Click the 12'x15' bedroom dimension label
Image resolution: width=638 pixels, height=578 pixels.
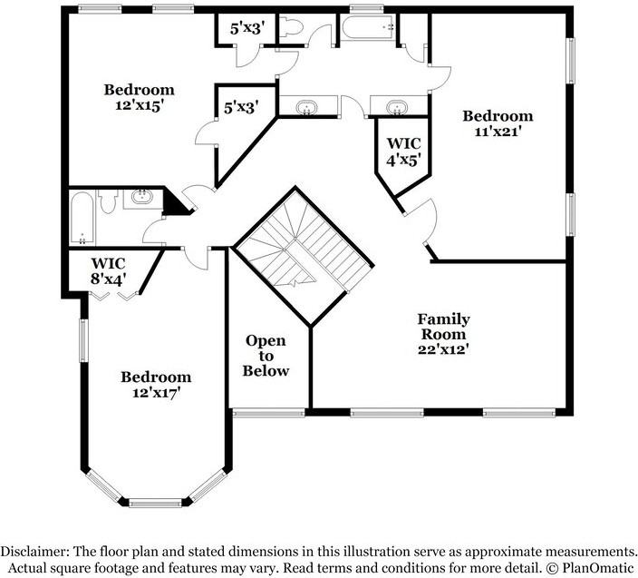pos(139,105)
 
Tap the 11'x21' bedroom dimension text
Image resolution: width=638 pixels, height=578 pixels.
pos(498,132)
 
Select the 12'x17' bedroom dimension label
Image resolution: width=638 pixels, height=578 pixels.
pos(157,392)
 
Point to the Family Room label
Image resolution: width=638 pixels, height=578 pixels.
pos(443,319)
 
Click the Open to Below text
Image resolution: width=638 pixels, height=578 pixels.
pos(266,356)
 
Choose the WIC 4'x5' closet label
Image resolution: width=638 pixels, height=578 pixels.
pos(403,152)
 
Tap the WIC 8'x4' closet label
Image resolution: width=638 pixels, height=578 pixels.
pos(108,271)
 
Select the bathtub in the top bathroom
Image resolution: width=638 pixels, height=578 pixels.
pos(368,28)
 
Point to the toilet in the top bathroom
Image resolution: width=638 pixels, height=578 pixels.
pos(291,27)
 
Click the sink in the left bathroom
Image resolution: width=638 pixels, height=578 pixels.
pos(141,197)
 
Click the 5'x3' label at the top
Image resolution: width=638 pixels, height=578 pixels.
pos(246,28)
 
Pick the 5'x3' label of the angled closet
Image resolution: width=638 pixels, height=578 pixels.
pos(241,107)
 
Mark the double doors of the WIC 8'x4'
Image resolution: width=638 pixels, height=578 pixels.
pos(124,291)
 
